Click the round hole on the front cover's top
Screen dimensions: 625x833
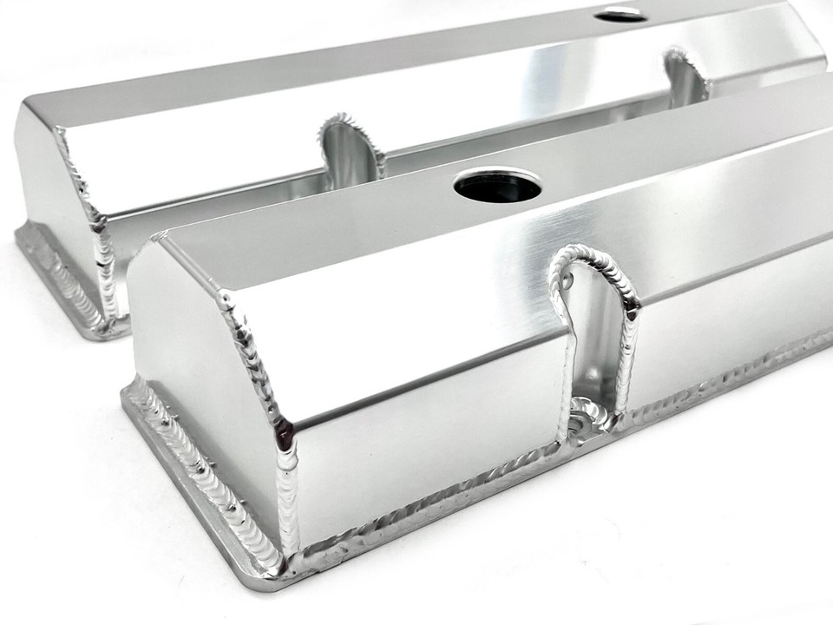coord(497,184)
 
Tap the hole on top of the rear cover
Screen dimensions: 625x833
coord(621,14)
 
